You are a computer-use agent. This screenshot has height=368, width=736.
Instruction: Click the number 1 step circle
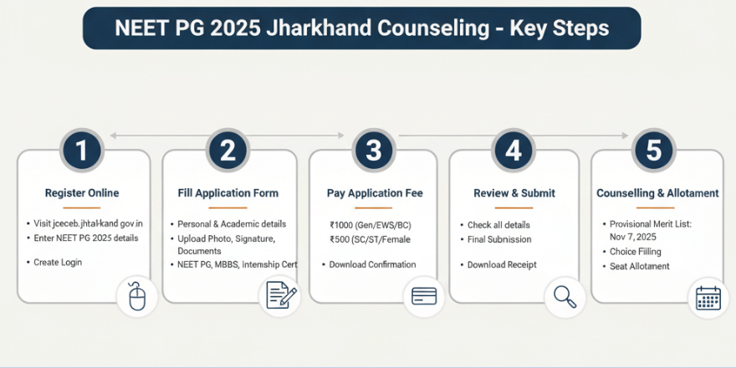point(82,151)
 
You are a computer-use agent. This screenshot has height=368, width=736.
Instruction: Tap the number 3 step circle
point(374,151)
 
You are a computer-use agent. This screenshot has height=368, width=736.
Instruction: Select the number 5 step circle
point(653,151)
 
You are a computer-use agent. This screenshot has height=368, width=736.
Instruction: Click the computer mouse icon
point(137,297)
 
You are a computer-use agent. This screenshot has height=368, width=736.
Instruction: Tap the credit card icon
point(424,296)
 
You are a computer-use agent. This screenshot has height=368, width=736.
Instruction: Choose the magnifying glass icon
point(565,297)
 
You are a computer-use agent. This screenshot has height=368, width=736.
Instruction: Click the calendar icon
point(708,298)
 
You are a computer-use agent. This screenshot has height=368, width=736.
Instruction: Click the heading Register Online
point(82,193)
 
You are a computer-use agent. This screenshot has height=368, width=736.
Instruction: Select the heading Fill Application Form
point(228,193)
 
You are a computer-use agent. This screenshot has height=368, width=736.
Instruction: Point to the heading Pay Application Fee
point(375,193)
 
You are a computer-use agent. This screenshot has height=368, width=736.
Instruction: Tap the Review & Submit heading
point(514,193)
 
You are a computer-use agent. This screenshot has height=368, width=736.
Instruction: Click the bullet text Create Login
point(58,263)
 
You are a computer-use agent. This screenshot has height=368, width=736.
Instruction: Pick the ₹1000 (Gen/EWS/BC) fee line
point(371,225)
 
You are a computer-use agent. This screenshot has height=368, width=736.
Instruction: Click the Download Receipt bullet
point(502,265)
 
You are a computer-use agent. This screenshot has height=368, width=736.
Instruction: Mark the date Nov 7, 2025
point(633,237)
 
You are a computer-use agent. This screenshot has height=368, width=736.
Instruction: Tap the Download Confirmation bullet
point(372,265)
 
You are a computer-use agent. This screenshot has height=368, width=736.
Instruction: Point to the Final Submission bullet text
point(499,239)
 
